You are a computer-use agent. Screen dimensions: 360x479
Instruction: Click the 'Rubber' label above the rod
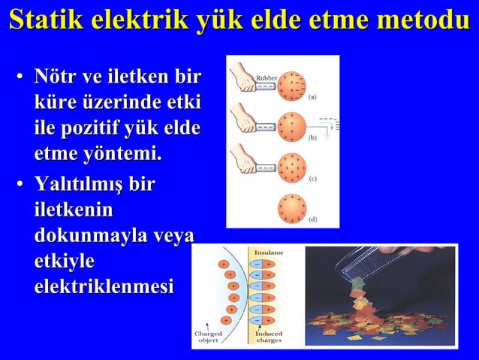tap(268, 77)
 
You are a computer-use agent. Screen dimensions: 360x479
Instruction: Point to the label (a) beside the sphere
tap(312, 97)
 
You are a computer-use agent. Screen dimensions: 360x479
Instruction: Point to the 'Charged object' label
tap(208, 337)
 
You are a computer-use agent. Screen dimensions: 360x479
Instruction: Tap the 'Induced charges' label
tap(268, 337)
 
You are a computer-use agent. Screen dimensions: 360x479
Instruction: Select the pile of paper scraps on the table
tap(375, 319)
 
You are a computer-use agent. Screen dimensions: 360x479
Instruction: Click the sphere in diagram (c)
tap(291, 168)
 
